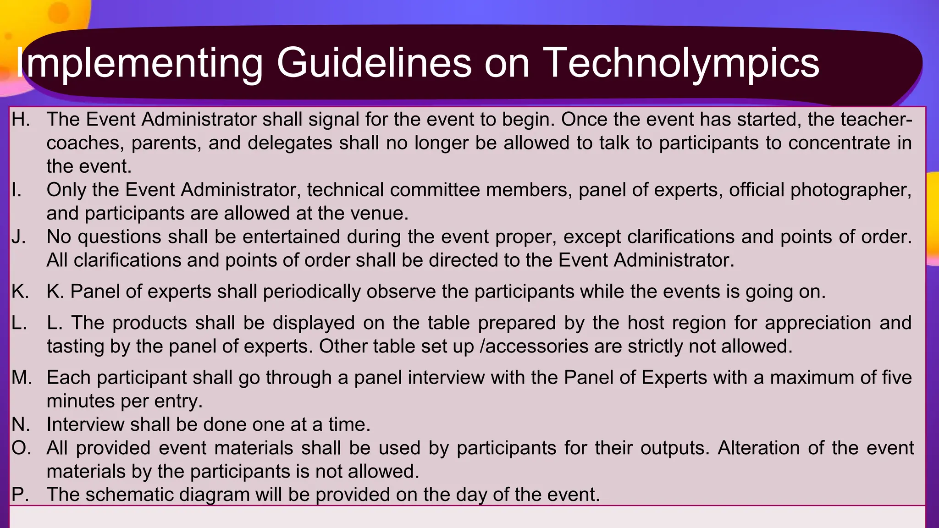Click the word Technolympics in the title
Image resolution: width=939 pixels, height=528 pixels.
click(681, 63)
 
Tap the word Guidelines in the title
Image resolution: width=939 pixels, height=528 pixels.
click(374, 63)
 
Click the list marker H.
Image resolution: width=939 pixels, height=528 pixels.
click(21, 120)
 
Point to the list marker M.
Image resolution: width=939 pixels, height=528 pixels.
click(22, 378)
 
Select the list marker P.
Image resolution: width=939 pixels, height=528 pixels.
click(20, 495)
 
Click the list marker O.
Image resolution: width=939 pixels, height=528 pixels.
click(21, 448)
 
